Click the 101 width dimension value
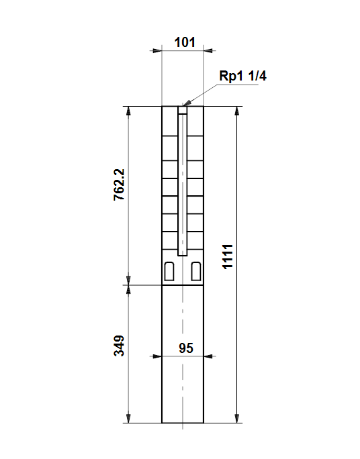point(185,42)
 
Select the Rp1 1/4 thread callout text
point(243,76)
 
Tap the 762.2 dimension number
point(120,185)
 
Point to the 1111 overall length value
point(228,256)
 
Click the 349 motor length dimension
point(119,346)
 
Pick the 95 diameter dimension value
point(186,348)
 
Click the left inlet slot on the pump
point(169,271)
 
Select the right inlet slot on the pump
point(196,271)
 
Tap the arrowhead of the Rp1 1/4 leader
point(186,103)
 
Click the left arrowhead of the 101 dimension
point(157,51)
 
